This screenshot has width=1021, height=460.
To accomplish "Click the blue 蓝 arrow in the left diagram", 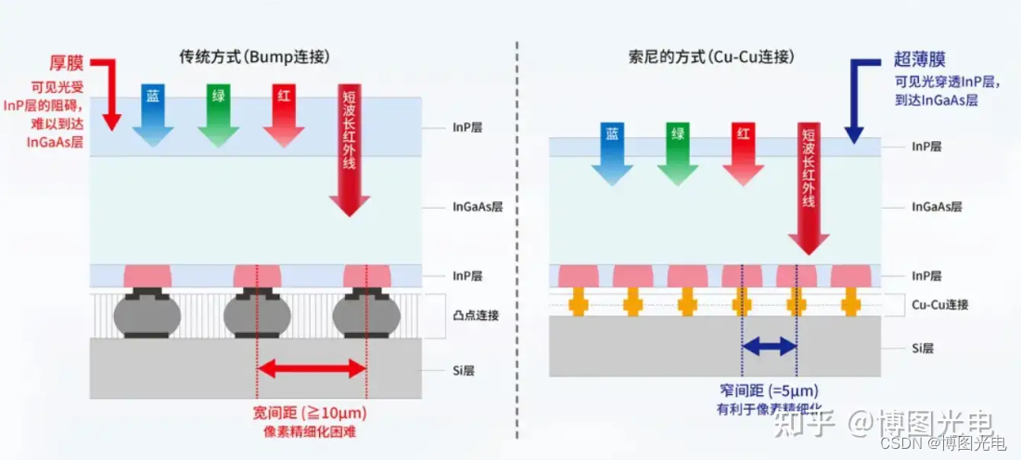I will pyautogui.click(x=152, y=116).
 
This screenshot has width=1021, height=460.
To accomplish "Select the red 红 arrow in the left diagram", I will pyautogui.click(x=283, y=116).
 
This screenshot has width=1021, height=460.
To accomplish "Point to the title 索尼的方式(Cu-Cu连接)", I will pyautogui.click(x=710, y=57).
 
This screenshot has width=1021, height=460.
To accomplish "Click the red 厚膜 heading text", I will pyautogui.click(x=66, y=62).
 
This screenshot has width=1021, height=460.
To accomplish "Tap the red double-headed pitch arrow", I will pyautogui.click(x=312, y=368).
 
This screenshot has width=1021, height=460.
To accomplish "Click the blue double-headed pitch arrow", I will pyautogui.click(x=769, y=347).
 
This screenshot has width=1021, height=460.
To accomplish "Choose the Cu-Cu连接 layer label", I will pyautogui.click(x=939, y=304).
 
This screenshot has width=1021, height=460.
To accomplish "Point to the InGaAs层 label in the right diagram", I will pyautogui.click(x=937, y=207).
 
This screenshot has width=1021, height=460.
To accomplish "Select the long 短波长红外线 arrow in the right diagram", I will pyautogui.click(x=808, y=185).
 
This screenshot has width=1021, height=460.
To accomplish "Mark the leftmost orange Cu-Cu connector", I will pyautogui.click(x=579, y=301).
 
